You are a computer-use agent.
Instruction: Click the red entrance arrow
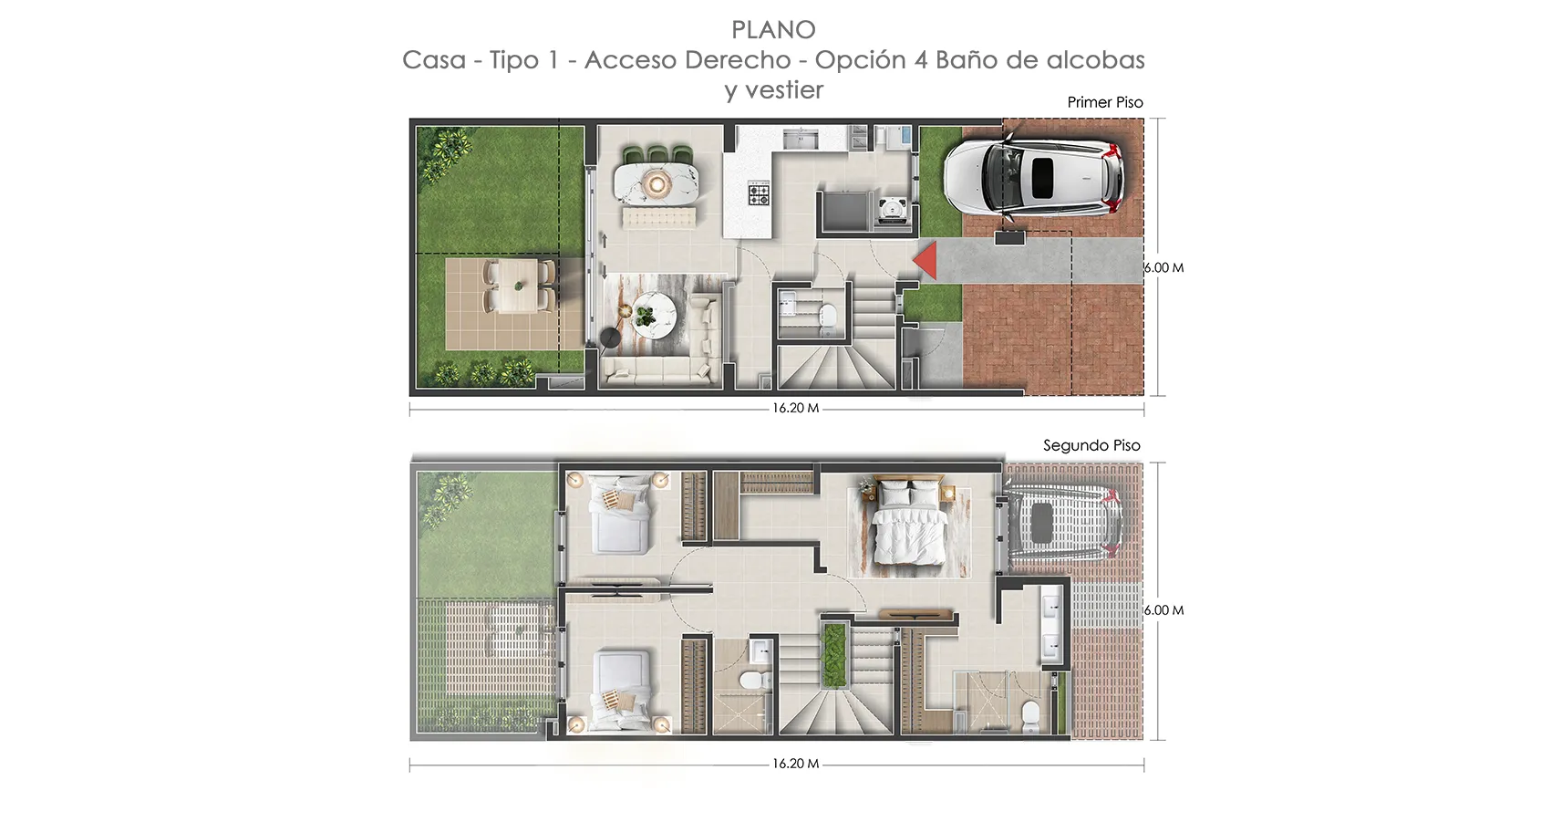pyautogui.click(x=926, y=260)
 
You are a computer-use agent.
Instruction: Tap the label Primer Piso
pyautogui.click(x=1105, y=102)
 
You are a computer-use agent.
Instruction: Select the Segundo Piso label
pyautogui.click(x=1092, y=445)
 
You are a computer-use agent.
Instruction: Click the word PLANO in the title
pyautogui.click(x=773, y=30)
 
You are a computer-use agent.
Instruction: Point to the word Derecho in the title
pyautogui.click(x=739, y=59)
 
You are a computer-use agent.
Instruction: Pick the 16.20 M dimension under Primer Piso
pyautogui.click(x=796, y=409)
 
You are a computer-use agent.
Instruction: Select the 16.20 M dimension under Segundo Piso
pyautogui.click(x=796, y=764)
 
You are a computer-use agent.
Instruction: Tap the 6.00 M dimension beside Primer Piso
pyautogui.click(x=1164, y=268)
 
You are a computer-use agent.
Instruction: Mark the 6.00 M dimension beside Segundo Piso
pyautogui.click(x=1164, y=610)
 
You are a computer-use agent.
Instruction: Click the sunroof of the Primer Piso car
pyautogui.click(x=1043, y=178)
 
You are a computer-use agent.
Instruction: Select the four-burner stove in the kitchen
pyautogui.click(x=759, y=192)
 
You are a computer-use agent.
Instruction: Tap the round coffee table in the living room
pyautogui.click(x=651, y=316)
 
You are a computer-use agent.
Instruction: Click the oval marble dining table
pyautogui.click(x=656, y=184)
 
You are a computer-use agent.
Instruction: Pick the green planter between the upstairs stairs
pyautogui.click(x=835, y=655)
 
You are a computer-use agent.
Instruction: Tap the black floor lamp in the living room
pyautogui.click(x=610, y=338)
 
